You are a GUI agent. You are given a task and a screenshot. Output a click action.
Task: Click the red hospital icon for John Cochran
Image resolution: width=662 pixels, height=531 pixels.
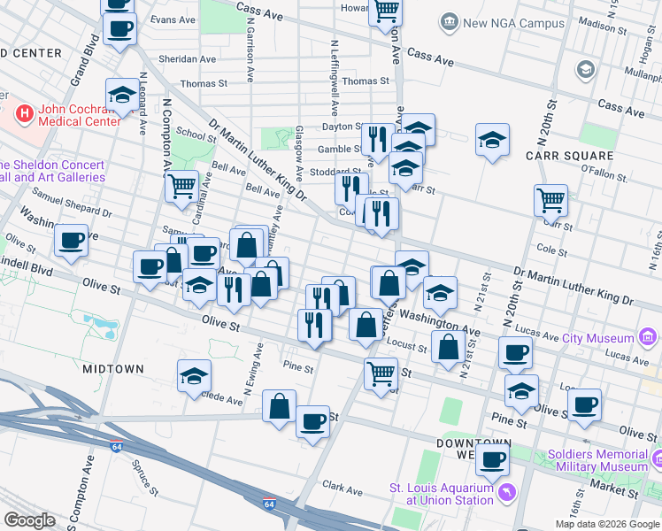[26, 113]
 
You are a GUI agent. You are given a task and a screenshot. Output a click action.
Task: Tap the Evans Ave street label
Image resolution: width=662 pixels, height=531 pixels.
[173, 19]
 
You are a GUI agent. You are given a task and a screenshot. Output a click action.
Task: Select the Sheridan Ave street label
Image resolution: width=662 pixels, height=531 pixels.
[187, 59]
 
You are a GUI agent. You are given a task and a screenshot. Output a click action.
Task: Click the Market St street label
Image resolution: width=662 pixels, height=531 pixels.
[616, 485]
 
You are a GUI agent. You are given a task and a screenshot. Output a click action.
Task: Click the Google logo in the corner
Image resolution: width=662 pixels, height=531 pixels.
[30, 519]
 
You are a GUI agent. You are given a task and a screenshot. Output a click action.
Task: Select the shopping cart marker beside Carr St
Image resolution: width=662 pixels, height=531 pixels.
[550, 199]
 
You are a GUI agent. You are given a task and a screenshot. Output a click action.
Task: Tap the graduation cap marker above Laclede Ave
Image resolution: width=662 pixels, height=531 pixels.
[195, 375]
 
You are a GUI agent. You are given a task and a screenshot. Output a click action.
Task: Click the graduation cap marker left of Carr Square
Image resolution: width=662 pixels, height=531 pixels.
[492, 139]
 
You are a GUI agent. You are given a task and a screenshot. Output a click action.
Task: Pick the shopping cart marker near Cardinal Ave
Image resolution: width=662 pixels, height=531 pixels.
[181, 186]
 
